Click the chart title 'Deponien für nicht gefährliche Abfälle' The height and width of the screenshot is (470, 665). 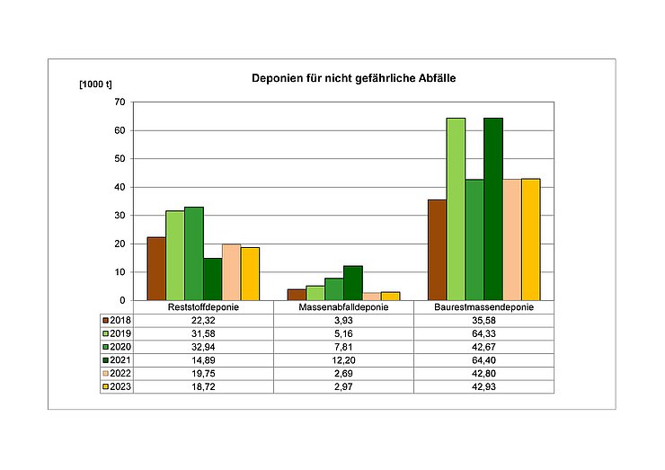click(355, 80)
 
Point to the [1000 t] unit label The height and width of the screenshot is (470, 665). click(95, 84)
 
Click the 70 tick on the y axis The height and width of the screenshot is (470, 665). click(119, 102)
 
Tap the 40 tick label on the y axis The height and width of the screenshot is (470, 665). click(119, 187)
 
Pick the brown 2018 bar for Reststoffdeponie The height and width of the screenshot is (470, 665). click(156, 269)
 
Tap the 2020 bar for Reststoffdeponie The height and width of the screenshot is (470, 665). click(194, 253)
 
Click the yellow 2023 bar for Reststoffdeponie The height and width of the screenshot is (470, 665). click(250, 274)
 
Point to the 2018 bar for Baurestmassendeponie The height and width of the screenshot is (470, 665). click(437, 250)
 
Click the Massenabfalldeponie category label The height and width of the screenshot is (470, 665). click(343, 307)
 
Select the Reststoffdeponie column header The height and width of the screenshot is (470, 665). click(203, 307)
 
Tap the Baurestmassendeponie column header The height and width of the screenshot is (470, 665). click(483, 307)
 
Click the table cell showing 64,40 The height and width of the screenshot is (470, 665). click(483, 359)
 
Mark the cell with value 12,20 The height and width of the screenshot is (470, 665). click(343, 359)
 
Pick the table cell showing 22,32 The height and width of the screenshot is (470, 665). click(203, 321)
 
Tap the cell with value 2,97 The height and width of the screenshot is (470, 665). click(343, 386)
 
